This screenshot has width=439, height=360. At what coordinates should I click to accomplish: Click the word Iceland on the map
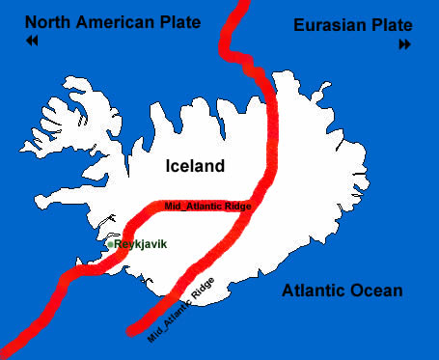tap(195, 165)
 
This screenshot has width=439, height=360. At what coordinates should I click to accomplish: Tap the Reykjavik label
tap(141, 244)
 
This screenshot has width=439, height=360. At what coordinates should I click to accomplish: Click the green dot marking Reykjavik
tap(112, 244)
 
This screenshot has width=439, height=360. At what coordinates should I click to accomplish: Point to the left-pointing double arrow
tap(33, 42)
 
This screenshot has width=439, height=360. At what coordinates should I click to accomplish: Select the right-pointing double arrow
tap(404, 44)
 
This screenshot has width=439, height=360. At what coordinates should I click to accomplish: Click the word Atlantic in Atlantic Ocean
tap(315, 291)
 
